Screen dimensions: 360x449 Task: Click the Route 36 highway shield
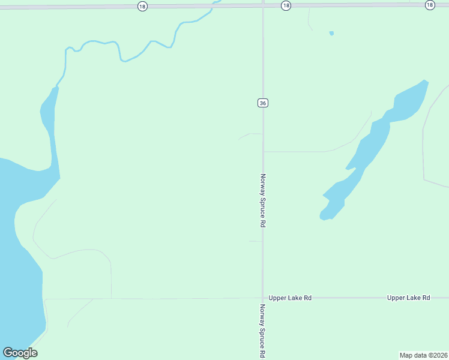pyautogui.click(x=262, y=103)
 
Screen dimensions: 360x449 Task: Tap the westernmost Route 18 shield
pyautogui.click(x=142, y=5)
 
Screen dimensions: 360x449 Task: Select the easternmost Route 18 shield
pyautogui.click(x=430, y=5)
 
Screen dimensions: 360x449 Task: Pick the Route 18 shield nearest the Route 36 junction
pyautogui.click(x=286, y=5)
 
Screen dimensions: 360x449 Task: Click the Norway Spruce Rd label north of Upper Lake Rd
pyautogui.click(x=262, y=200)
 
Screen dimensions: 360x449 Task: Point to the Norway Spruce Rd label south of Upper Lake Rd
pyautogui.click(x=262, y=331)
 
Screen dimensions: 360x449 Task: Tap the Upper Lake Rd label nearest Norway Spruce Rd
pyautogui.click(x=290, y=298)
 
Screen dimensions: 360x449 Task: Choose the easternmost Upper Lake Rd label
pyautogui.click(x=409, y=298)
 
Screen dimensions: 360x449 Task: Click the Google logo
pyautogui.click(x=20, y=352)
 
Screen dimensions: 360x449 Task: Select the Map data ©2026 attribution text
pyautogui.click(x=423, y=355)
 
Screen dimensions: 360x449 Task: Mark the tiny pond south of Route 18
pyautogui.click(x=331, y=33)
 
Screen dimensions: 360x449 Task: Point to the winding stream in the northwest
pyautogui.click(x=120, y=51)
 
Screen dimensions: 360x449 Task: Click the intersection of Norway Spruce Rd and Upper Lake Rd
pyautogui.click(x=262, y=298)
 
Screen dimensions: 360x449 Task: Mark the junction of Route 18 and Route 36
pyautogui.click(x=263, y=5)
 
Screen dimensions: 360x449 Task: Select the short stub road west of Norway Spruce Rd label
pyautogui.click(x=255, y=241)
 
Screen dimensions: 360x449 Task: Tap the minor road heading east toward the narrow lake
pyautogui.click(x=300, y=151)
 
